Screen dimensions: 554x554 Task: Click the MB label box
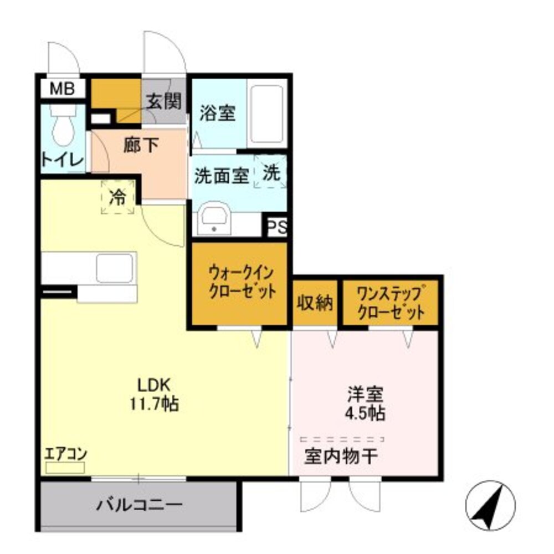tap(62, 89)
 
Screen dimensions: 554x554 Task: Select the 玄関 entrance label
tap(165, 101)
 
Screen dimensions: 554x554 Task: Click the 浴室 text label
tap(217, 113)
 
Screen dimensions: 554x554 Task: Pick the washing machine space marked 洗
tap(271, 173)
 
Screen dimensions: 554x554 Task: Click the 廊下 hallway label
tap(141, 145)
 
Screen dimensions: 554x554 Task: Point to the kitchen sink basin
tap(115, 268)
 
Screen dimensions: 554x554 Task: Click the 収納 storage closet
tap(315, 302)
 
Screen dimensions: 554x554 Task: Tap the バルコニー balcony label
tap(139, 505)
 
